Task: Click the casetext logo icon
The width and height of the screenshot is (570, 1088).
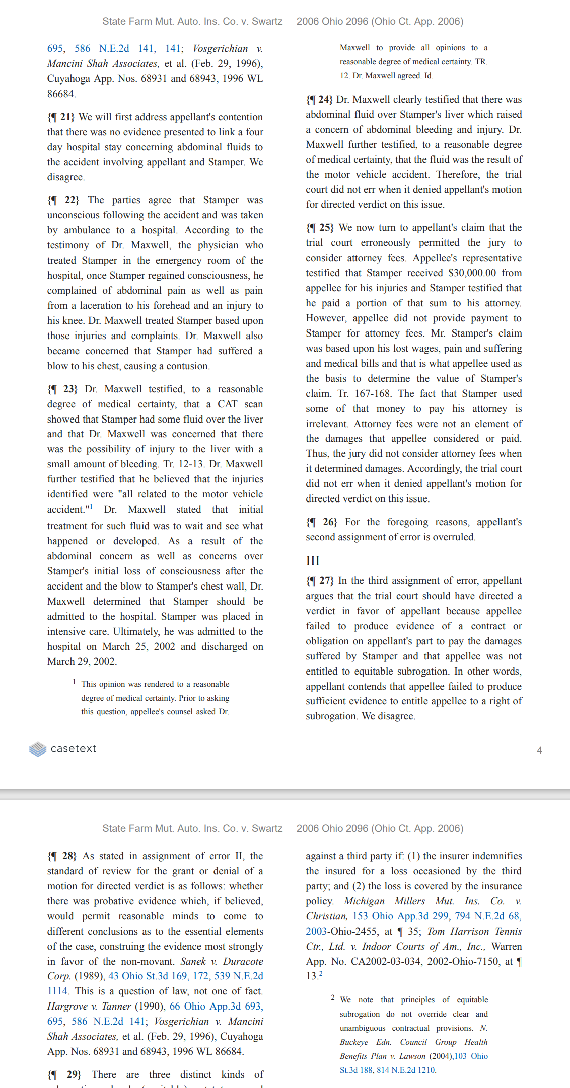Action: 38,749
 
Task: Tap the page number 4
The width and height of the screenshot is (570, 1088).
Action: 539,750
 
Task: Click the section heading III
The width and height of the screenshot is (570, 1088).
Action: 313,561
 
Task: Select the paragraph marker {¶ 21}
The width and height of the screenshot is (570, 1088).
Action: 60,117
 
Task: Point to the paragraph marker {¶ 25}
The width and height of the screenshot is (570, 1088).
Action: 320,227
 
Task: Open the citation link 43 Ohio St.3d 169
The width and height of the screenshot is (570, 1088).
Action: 148,976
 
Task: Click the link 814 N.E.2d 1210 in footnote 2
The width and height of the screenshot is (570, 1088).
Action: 405,1070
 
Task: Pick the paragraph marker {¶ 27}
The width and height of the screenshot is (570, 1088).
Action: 320,580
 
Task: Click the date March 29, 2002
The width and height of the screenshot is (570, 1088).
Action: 82,661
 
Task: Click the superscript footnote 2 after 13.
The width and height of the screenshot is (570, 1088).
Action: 321,974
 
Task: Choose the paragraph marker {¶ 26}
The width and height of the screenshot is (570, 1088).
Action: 321,522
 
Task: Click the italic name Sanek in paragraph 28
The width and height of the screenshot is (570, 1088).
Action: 193,961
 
